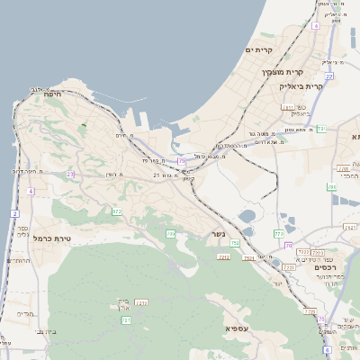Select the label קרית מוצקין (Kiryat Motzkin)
279,72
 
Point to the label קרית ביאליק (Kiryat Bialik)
300,86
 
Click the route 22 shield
329,76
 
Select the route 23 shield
70,174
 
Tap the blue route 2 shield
14,213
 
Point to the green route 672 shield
116,211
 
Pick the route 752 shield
235,243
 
